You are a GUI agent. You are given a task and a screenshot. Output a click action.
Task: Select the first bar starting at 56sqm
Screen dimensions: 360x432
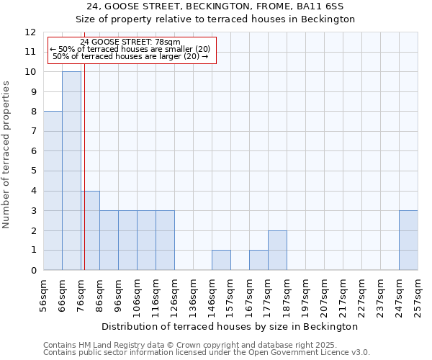point(53,191)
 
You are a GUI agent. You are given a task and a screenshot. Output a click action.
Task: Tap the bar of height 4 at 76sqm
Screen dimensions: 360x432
point(90,230)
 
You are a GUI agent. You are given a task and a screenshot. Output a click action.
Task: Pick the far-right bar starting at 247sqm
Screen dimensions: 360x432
point(408,240)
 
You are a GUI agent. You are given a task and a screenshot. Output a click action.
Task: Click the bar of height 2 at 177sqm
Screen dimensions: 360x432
point(277,251)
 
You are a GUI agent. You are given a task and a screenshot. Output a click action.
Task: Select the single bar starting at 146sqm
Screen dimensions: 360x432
point(221,260)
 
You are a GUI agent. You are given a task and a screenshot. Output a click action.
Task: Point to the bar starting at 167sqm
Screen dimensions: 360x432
point(258,260)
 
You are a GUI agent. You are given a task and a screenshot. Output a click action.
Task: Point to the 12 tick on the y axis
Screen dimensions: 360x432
point(30,32)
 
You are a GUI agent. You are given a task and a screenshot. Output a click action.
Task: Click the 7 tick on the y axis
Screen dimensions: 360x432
point(33,132)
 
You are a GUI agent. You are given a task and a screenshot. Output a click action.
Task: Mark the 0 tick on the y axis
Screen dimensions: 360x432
point(33,271)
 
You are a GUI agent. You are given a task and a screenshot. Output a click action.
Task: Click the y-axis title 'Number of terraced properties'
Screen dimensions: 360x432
point(7,154)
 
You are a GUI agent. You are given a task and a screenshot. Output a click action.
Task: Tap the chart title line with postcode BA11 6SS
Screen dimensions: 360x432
point(215,6)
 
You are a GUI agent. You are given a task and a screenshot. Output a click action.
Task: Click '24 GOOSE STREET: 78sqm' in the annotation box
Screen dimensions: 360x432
point(130,42)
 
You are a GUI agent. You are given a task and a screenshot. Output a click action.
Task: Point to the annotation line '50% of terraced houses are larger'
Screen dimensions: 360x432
point(130,56)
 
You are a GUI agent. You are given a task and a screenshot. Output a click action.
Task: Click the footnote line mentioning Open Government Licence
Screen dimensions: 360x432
point(207,353)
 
